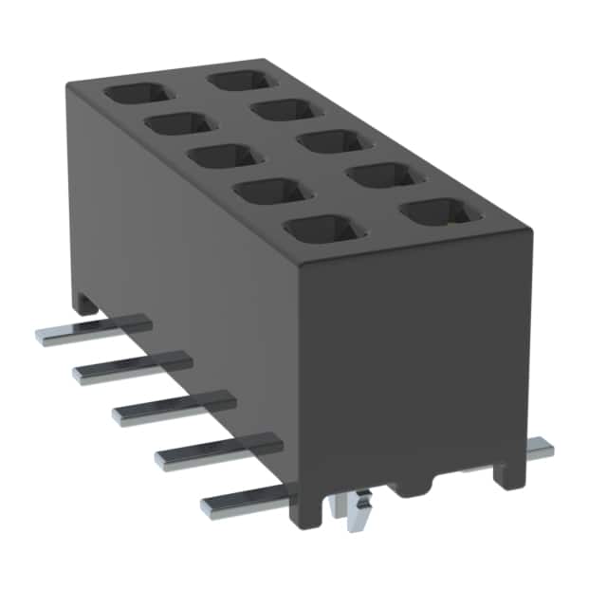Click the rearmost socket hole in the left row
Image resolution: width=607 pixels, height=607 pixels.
[137, 94]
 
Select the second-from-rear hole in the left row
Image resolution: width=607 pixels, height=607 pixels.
[178, 123]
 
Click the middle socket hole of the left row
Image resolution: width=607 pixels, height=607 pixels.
[225, 156]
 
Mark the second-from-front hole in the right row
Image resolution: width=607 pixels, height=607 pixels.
[383, 175]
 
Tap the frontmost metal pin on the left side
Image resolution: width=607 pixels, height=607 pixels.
[247, 502]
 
